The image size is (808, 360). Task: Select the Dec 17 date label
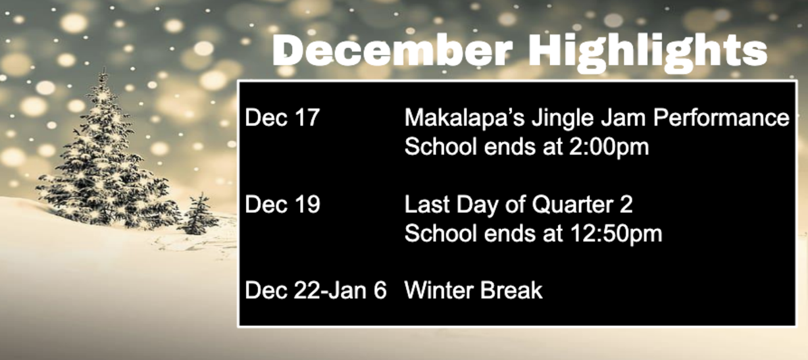(282, 118)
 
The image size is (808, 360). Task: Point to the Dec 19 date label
(282, 205)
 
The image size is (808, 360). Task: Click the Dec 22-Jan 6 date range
(316, 290)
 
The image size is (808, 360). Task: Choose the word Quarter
(572, 205)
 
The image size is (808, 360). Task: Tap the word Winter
(438, 290)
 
